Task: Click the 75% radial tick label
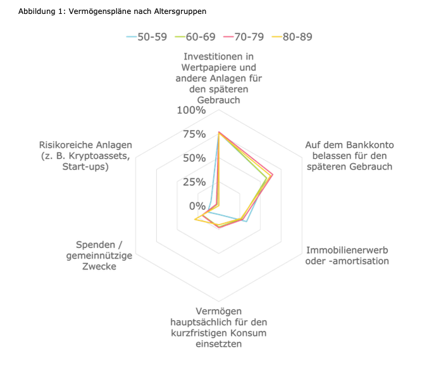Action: [x=194, y=134]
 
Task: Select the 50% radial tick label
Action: [x=194, y=158]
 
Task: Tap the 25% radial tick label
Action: [x=194, y=182]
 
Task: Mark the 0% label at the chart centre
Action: [x=197, y=206]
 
